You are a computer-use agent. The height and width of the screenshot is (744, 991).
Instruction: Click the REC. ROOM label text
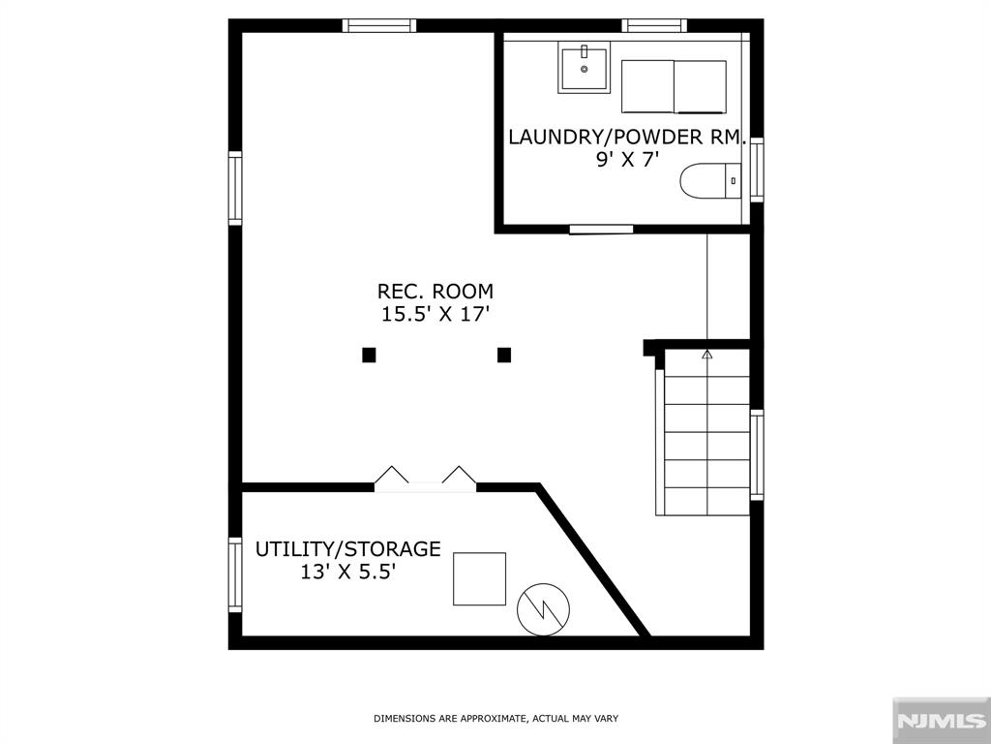435,291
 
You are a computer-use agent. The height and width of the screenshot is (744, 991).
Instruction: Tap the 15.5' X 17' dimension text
435,314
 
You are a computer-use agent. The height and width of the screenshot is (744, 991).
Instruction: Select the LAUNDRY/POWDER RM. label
627,138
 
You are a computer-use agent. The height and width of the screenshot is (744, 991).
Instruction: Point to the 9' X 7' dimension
623,160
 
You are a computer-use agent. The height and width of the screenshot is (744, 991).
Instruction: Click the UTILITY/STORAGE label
347,548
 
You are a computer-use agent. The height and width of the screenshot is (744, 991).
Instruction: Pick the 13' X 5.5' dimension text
347,572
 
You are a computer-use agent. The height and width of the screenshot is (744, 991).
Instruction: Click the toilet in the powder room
710,181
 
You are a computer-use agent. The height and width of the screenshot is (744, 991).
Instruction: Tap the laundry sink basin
584,68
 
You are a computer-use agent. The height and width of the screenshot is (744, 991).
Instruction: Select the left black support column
369,355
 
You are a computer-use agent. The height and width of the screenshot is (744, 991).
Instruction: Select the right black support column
503,355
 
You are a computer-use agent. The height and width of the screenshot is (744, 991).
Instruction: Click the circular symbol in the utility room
543,609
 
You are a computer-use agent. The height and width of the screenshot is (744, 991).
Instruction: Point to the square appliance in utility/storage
479,579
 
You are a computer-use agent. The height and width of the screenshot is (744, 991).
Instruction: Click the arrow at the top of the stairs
707,355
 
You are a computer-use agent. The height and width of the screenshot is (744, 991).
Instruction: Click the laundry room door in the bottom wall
601,229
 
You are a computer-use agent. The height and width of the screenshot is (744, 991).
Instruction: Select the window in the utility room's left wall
235,574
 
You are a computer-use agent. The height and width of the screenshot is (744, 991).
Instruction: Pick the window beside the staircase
757,455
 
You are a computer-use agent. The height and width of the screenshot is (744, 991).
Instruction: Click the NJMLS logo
941,721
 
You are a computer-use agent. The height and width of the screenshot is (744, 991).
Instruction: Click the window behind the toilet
757,170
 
